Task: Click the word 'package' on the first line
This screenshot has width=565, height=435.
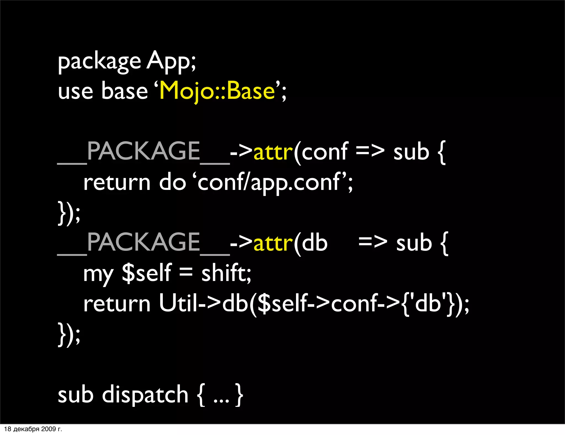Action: tap(99, 61)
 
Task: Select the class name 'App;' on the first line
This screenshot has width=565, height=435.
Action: tap(171, 61)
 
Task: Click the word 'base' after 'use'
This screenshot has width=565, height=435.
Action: tap(124, 91)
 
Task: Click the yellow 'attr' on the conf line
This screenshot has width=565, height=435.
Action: tap(273, 152)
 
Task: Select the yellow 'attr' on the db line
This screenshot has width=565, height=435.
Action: tap(273, 243)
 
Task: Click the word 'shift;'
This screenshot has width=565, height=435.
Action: tap(226, 273)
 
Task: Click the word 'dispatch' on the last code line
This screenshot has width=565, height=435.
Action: tap(145, 395)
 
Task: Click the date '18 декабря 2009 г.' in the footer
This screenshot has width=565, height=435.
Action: tap(33, 429)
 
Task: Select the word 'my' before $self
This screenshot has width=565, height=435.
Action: tap(98, 275)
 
